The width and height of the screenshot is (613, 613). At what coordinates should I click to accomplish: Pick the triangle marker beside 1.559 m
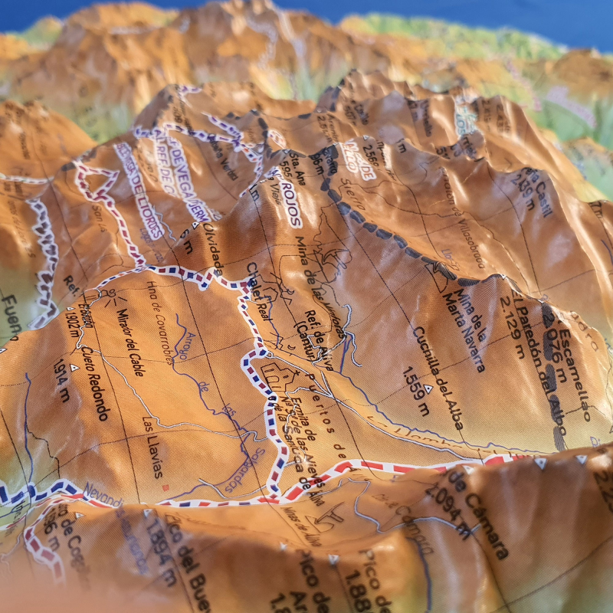pos(429,388)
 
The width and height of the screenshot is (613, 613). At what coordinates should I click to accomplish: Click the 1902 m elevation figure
pos(73,315)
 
